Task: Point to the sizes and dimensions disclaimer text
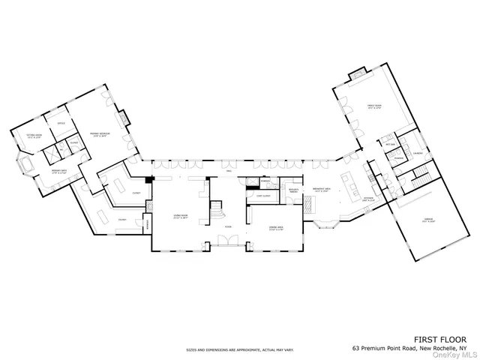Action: pyautogui.click(x=240, y=349)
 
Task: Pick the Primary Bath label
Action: pyautogui.click(x=40, y=172)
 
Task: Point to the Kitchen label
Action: pyautogui.click(x=368, y=199)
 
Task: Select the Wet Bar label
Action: pyautogui.click(x=390, y=143)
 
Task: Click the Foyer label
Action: pyautogui.click(x=228, y=226)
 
